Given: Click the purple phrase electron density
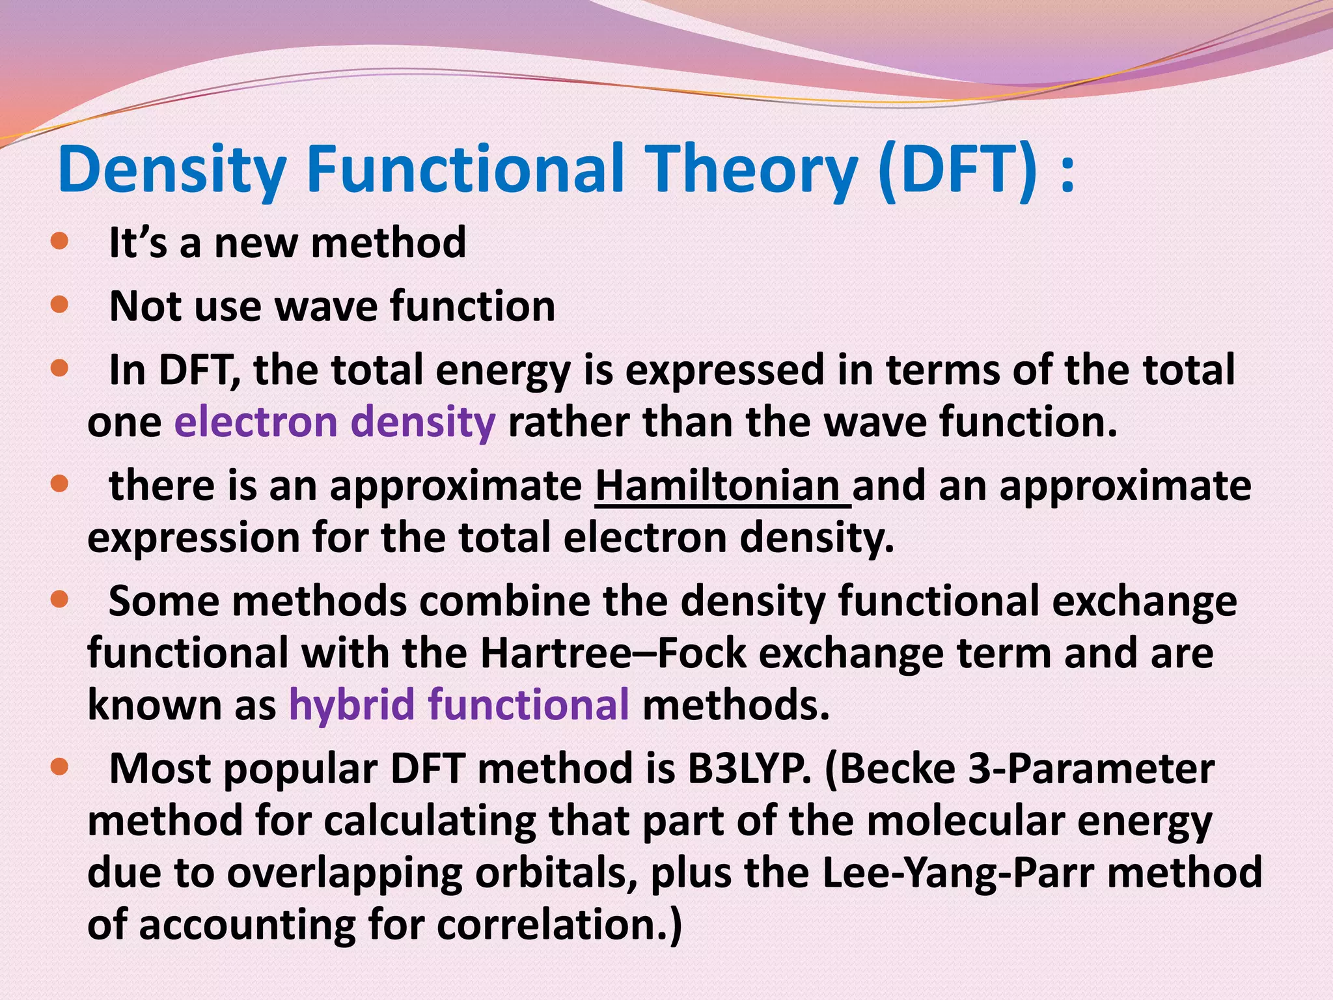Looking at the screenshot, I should [335, 422].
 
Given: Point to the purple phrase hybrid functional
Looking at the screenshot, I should [458, 704].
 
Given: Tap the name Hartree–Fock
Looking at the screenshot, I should [612, 653].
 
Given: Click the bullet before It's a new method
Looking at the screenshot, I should [59, 242].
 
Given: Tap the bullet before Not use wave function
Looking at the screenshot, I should [59, 305].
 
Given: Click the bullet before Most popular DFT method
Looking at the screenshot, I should [59, 767].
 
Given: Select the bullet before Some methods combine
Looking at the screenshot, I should [59, 599].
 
